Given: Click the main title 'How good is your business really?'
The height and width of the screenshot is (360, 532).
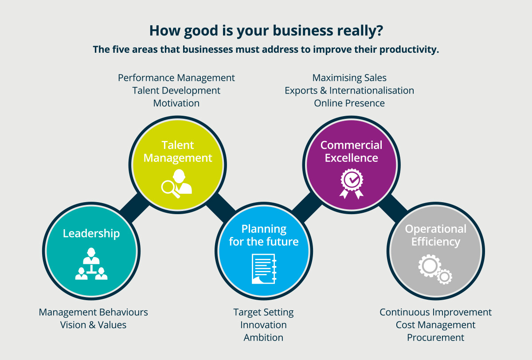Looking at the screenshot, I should click(266, 31).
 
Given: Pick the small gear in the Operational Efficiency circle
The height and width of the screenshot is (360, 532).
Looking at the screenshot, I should click(444, 277).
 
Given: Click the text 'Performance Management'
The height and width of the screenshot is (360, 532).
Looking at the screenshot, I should click(176, 78).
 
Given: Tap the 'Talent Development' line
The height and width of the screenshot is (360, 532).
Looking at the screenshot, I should click(176, 90).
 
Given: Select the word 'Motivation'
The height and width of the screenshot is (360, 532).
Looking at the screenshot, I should click(176, 103).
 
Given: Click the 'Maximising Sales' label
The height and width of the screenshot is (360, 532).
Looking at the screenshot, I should click(349, 78).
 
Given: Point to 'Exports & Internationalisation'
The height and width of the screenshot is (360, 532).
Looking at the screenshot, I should click(349, 90).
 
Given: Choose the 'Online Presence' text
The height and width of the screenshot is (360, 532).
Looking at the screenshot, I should click(349, 103).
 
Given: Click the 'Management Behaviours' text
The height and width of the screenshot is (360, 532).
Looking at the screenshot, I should click(94, 312).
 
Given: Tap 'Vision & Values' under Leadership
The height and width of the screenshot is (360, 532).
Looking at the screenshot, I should click(94, 325).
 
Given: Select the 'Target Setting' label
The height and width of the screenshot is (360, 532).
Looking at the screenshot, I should click(263, 312).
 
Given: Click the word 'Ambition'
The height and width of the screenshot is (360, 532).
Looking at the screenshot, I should click(263, 337).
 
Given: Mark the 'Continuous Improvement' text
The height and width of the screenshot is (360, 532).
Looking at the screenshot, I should click(435, 312).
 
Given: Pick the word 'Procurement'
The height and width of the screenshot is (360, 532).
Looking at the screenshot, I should click(435, 337).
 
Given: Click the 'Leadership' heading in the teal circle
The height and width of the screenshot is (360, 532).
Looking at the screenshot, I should click(91, 234).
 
